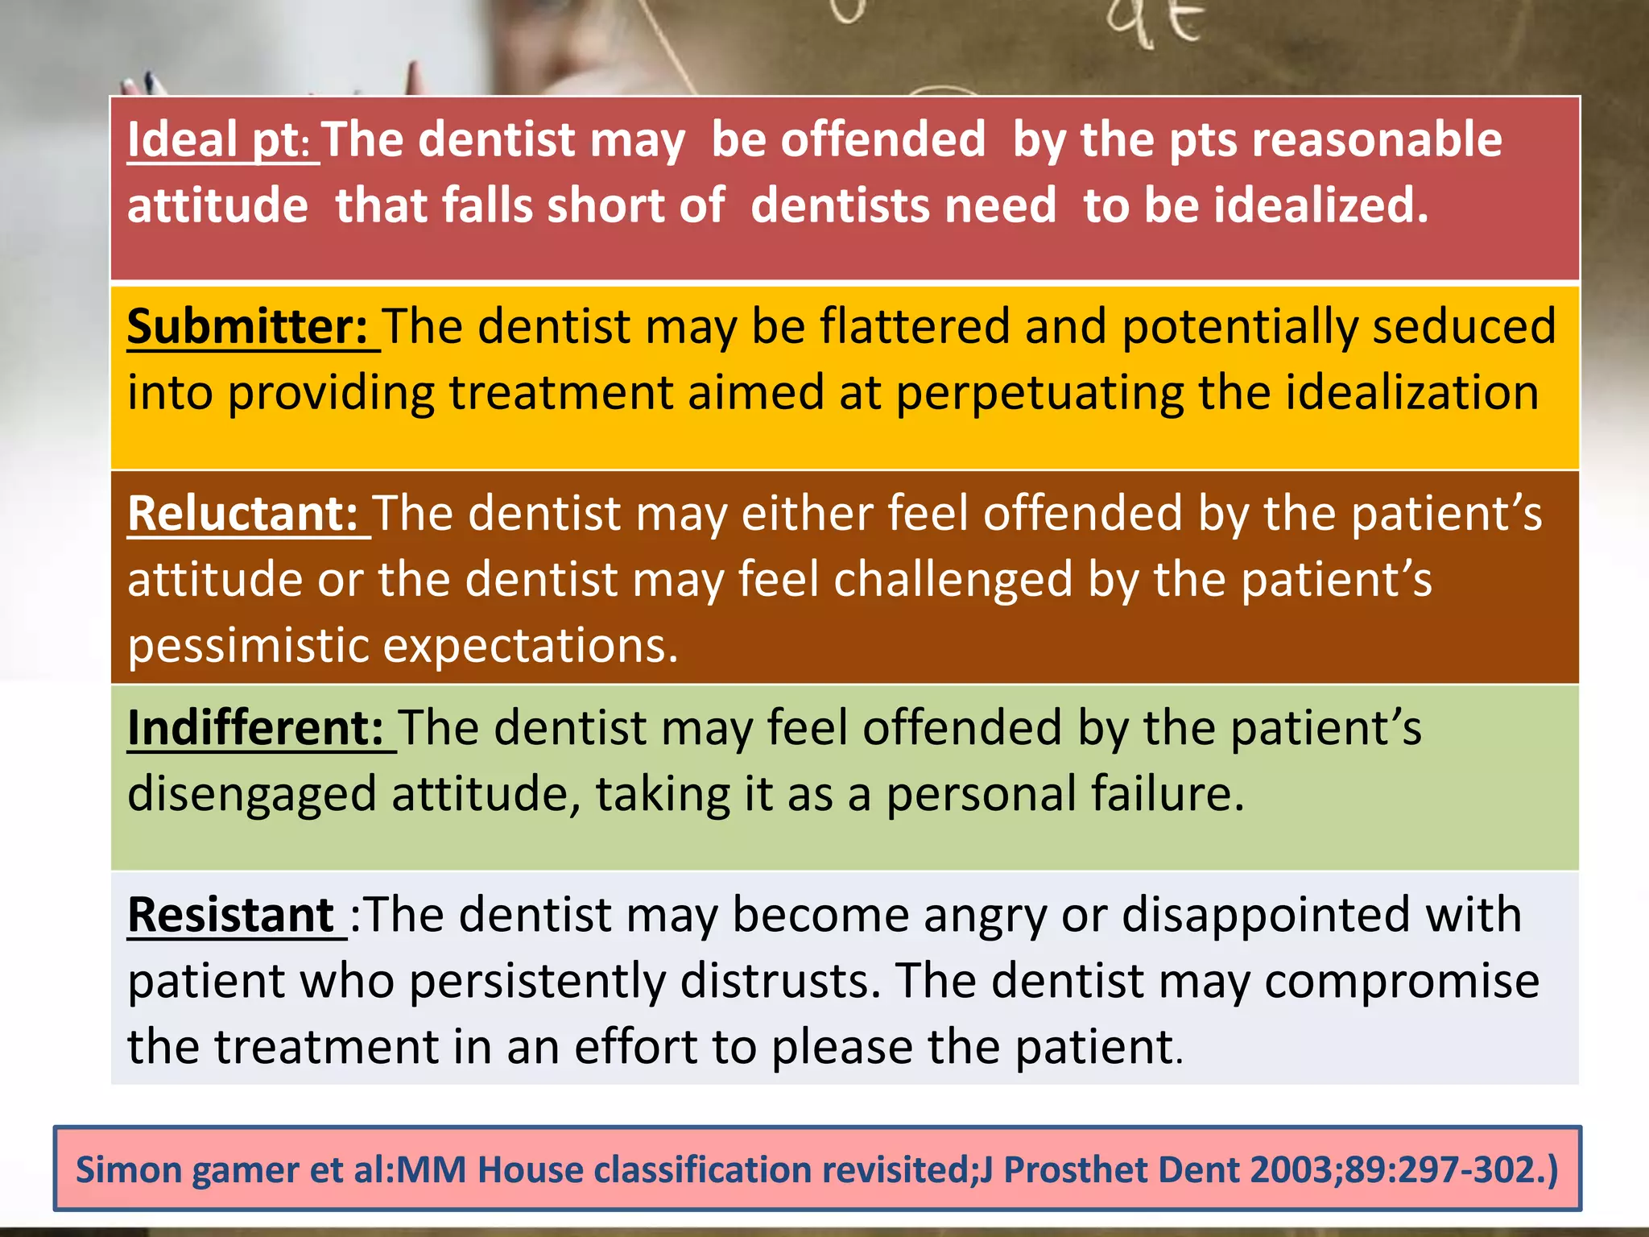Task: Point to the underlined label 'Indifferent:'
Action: (256, 728)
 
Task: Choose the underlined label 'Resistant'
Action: (231, 915)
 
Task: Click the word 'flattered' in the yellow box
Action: (915, 327)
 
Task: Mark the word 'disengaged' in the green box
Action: (252, 794)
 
